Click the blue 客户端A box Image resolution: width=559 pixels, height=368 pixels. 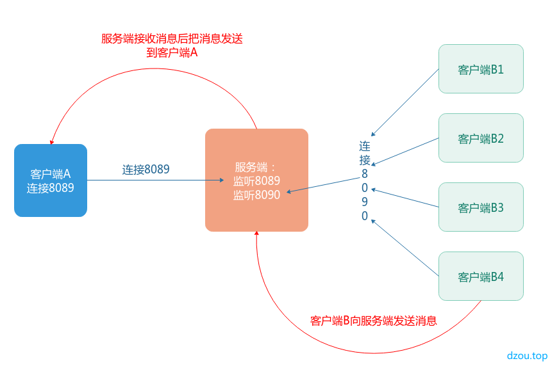click(x=51, y=180)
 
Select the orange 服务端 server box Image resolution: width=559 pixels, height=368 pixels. click(x=256, y=180)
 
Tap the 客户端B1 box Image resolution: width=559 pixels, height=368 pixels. click(x=481, y=69)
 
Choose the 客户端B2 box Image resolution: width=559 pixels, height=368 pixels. click(x=481, y=138)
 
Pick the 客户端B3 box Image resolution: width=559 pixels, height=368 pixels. click(x=481, y=207)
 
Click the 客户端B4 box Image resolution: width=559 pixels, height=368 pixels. click(x=481, y=276)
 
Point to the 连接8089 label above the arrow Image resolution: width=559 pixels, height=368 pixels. click(x=146, y=170)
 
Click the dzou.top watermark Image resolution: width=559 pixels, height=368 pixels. click(x=527, y=355)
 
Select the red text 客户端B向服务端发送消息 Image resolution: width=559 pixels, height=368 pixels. click(x=373, y=321)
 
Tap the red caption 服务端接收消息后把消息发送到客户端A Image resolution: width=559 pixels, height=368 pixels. click(x=172, y=45)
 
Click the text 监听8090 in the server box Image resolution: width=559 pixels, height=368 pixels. click(x=256, y=195)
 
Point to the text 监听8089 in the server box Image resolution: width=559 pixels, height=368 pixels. click(x=256, y=180)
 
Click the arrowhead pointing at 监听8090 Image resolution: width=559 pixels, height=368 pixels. click(x=290, y=191)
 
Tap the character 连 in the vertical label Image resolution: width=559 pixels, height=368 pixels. click(x=365, y=146)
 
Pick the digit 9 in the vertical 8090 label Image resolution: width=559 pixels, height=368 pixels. click(x=365, y=202)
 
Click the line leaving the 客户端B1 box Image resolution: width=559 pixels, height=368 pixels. click(x=410, y=99)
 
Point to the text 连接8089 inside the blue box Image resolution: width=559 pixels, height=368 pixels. click(x=51, y=188)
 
